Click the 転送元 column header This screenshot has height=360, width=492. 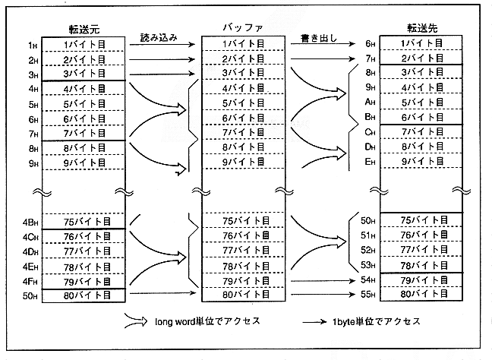click(x=81, y=30)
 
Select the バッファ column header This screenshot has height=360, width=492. click(x=242, y=28)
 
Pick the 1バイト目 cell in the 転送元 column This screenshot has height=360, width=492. click(x=81, y=45)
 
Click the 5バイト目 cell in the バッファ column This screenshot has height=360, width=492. click(x=243, y=103)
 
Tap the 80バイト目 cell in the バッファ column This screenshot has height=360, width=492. click(x=243, y=294)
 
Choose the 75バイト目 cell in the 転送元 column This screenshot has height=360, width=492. click(x=81, y=222)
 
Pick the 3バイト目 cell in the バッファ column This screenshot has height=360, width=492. click(x=243, y=74)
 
